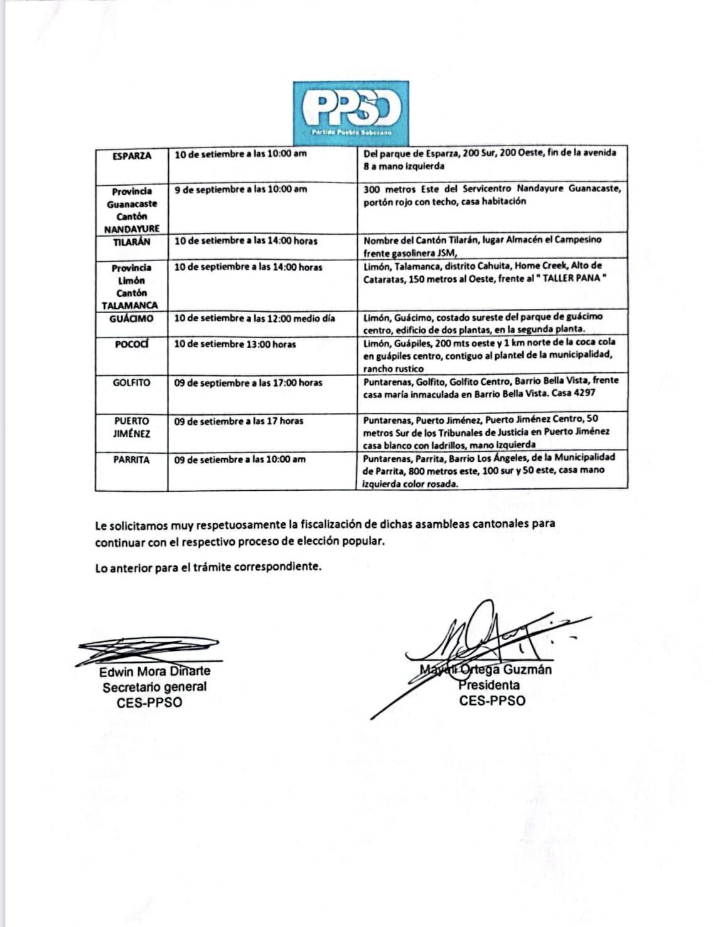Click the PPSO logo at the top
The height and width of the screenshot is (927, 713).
click(351, 110)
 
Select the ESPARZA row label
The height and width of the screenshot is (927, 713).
click(132, 156)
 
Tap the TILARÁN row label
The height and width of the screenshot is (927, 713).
click(132, 242)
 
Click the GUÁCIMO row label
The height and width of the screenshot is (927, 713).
click(131, 318)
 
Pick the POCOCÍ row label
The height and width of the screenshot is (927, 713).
click(132, 344)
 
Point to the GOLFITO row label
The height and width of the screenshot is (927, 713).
click(132, 382)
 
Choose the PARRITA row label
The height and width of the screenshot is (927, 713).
click(132, 459)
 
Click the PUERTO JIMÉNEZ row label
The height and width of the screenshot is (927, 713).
click(132, 427)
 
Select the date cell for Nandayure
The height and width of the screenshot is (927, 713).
click(240, 189)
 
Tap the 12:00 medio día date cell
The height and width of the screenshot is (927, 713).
click(254, 318)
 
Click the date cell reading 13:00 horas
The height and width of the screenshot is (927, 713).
click(235, 344)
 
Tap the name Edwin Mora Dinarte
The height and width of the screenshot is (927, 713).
click(154, 672)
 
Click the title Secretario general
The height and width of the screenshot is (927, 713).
click(154, 687)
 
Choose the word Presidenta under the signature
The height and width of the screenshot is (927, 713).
click(488, 685)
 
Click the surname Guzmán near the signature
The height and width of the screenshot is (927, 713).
click(527, 670)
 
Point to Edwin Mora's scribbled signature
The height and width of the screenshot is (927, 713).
click(148, 649)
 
